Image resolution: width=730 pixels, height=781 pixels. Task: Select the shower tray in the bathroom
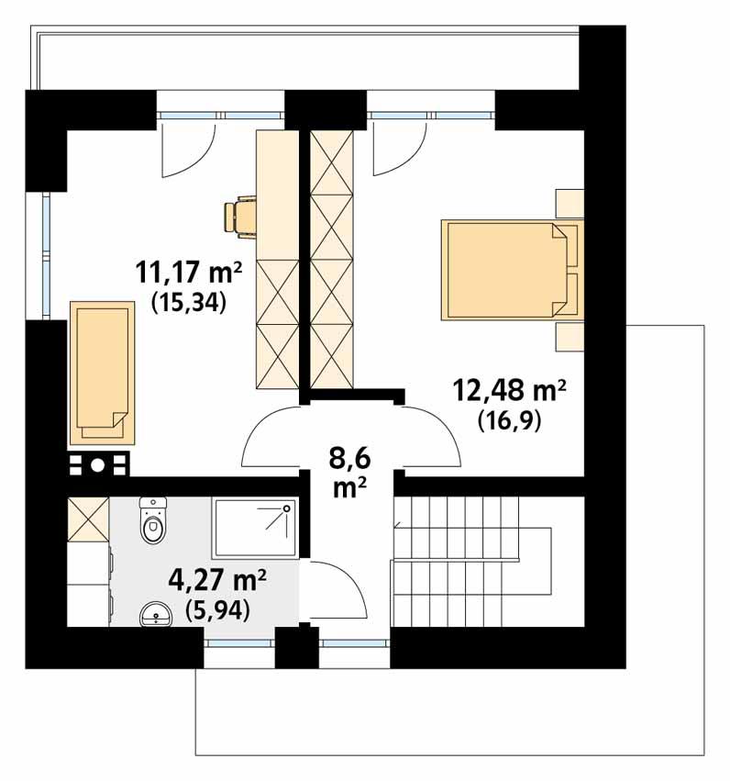[256, 528]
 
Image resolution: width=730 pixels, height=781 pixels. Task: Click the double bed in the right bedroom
[510, 269]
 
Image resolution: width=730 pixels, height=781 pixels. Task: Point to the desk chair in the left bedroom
[240, 216]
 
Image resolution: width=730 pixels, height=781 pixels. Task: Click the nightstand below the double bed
[570, 336]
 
